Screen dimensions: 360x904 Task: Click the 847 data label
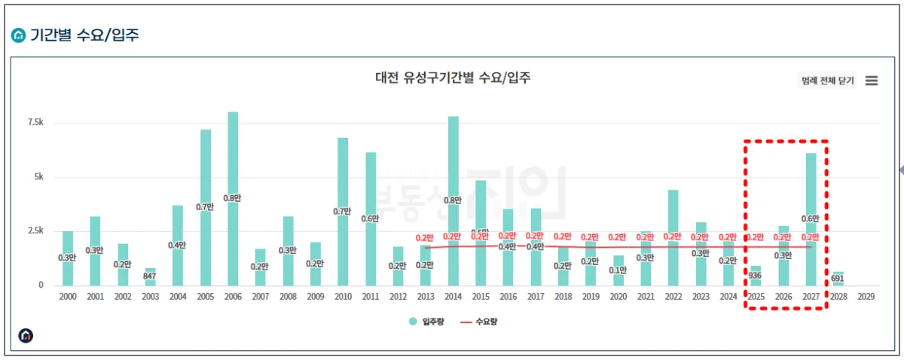click(150, 277)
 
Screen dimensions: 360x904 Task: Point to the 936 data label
click(756, 276)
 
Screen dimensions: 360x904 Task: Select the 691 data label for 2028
click(838, 278)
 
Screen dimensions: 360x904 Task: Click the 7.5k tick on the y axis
click(35, 123)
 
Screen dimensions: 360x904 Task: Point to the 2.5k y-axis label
click(35, 231)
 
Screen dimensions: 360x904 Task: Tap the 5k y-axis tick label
click(38, 177)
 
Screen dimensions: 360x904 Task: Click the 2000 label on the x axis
click(68, 297)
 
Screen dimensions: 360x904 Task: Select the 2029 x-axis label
click(866, 297)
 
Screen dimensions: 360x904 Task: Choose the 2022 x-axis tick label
click(673, 297)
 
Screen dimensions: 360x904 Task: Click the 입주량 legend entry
click(427, 322)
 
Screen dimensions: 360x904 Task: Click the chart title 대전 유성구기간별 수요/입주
click(453, 77)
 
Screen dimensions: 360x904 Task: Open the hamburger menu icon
click(872, 81)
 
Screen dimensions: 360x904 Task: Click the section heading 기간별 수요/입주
click(84, 35)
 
